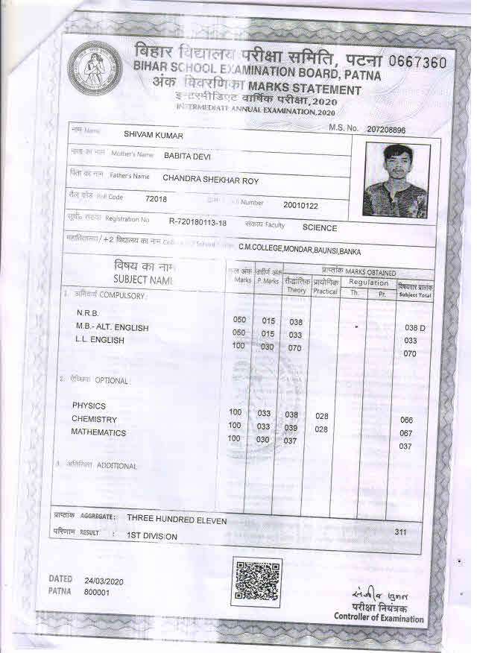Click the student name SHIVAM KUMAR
[153, 135]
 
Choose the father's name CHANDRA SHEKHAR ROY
[210, 179]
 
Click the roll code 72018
[156, 198]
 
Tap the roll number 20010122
[300, 205]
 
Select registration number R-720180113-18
[198, 221]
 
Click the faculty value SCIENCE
[319, 228]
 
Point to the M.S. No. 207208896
[386, 130]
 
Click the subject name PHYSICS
[89, 406]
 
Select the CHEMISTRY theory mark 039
[291, 428]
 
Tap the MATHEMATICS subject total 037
[405, 447]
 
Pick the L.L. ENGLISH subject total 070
[409, 354]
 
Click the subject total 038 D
[414, 328]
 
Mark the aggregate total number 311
[401, 532]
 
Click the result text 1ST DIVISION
[152, 536]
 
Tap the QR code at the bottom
[257, 581]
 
